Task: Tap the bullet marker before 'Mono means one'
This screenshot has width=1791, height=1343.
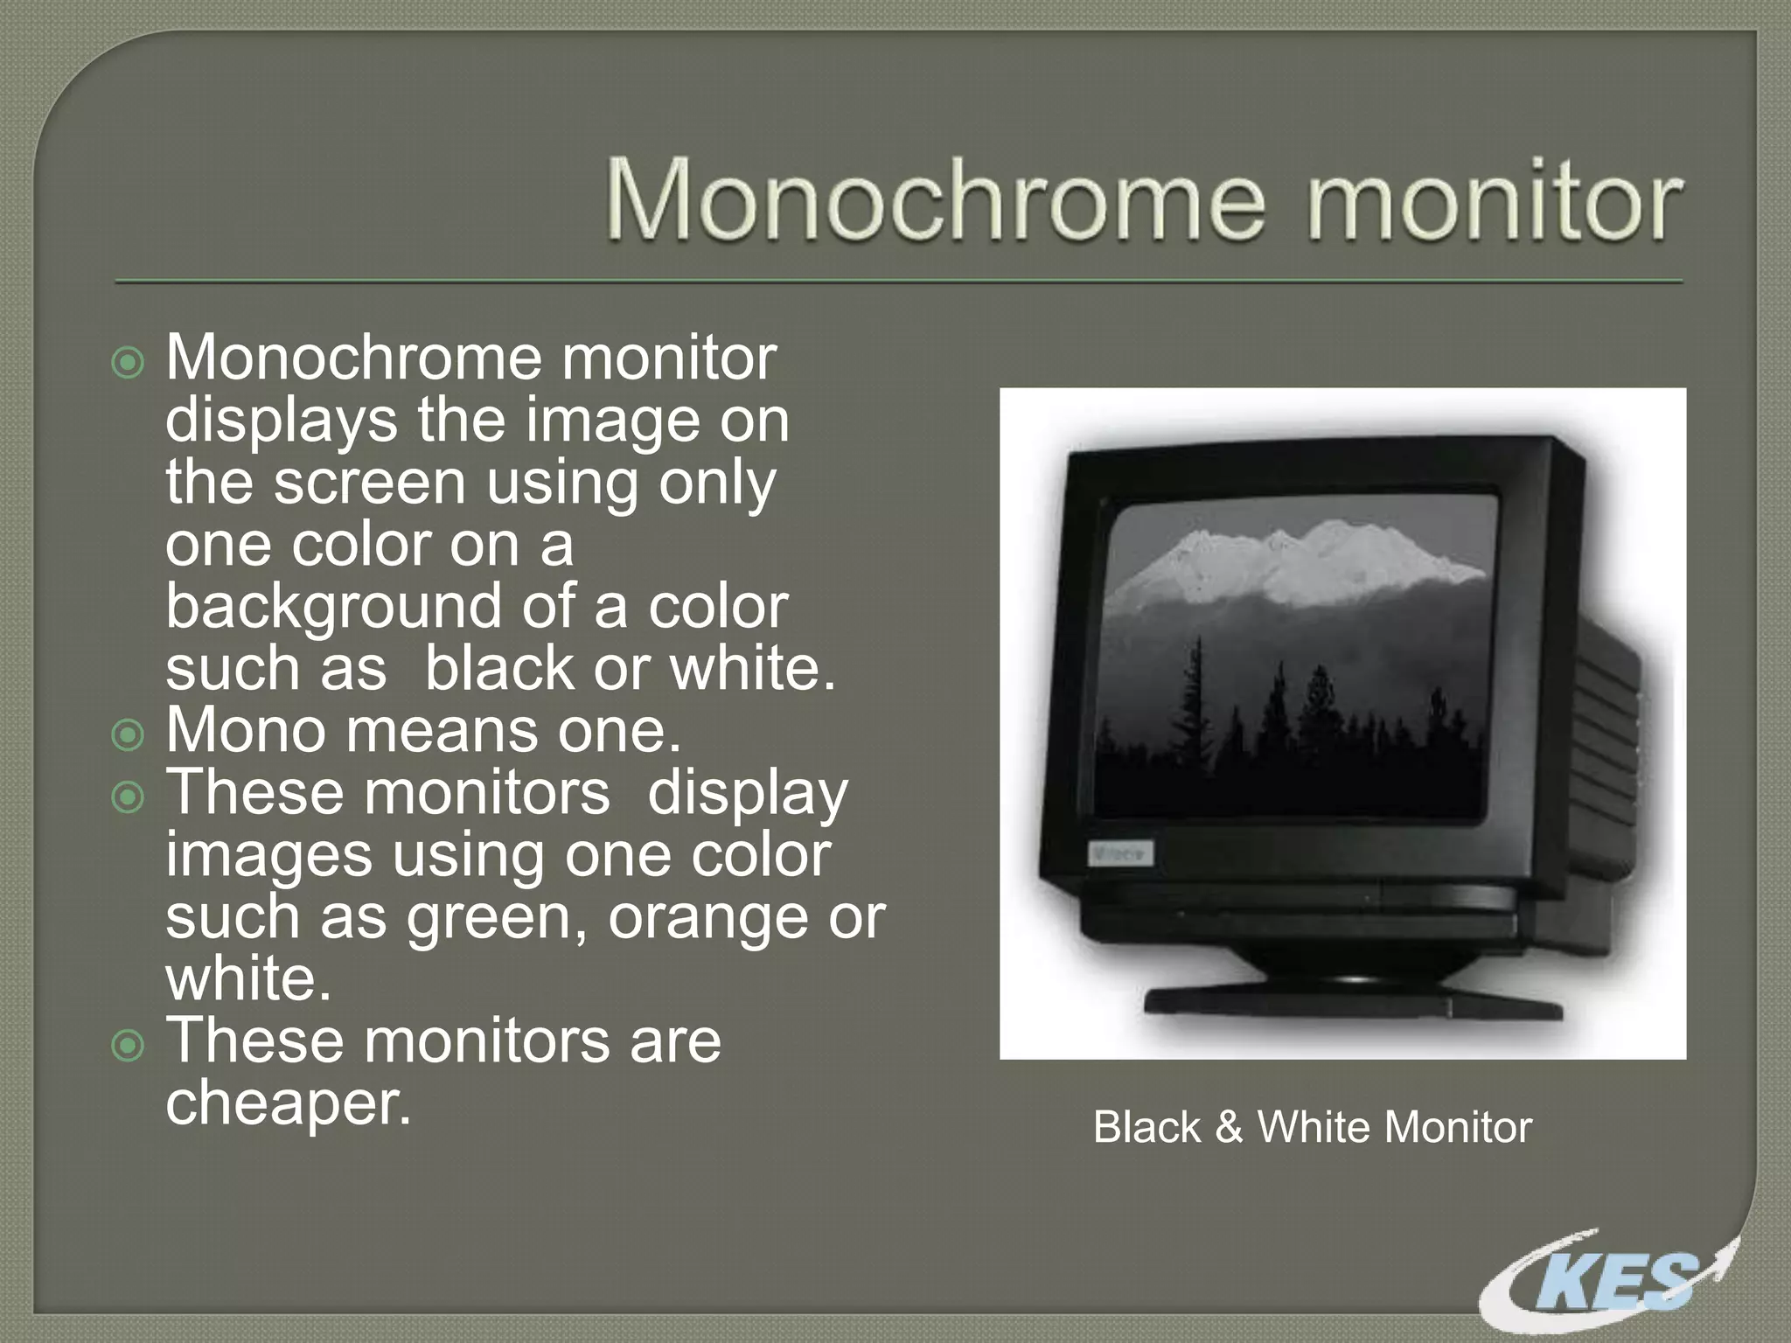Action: tap(129, 734)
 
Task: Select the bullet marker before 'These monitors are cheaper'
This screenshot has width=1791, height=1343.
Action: tap(129, 1045)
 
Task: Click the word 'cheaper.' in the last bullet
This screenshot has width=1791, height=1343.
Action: tap(288, 1103)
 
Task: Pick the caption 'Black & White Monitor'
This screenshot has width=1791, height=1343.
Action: tap(1312, 1127)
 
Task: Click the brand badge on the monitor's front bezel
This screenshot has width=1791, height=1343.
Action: tap(1120, 852)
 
